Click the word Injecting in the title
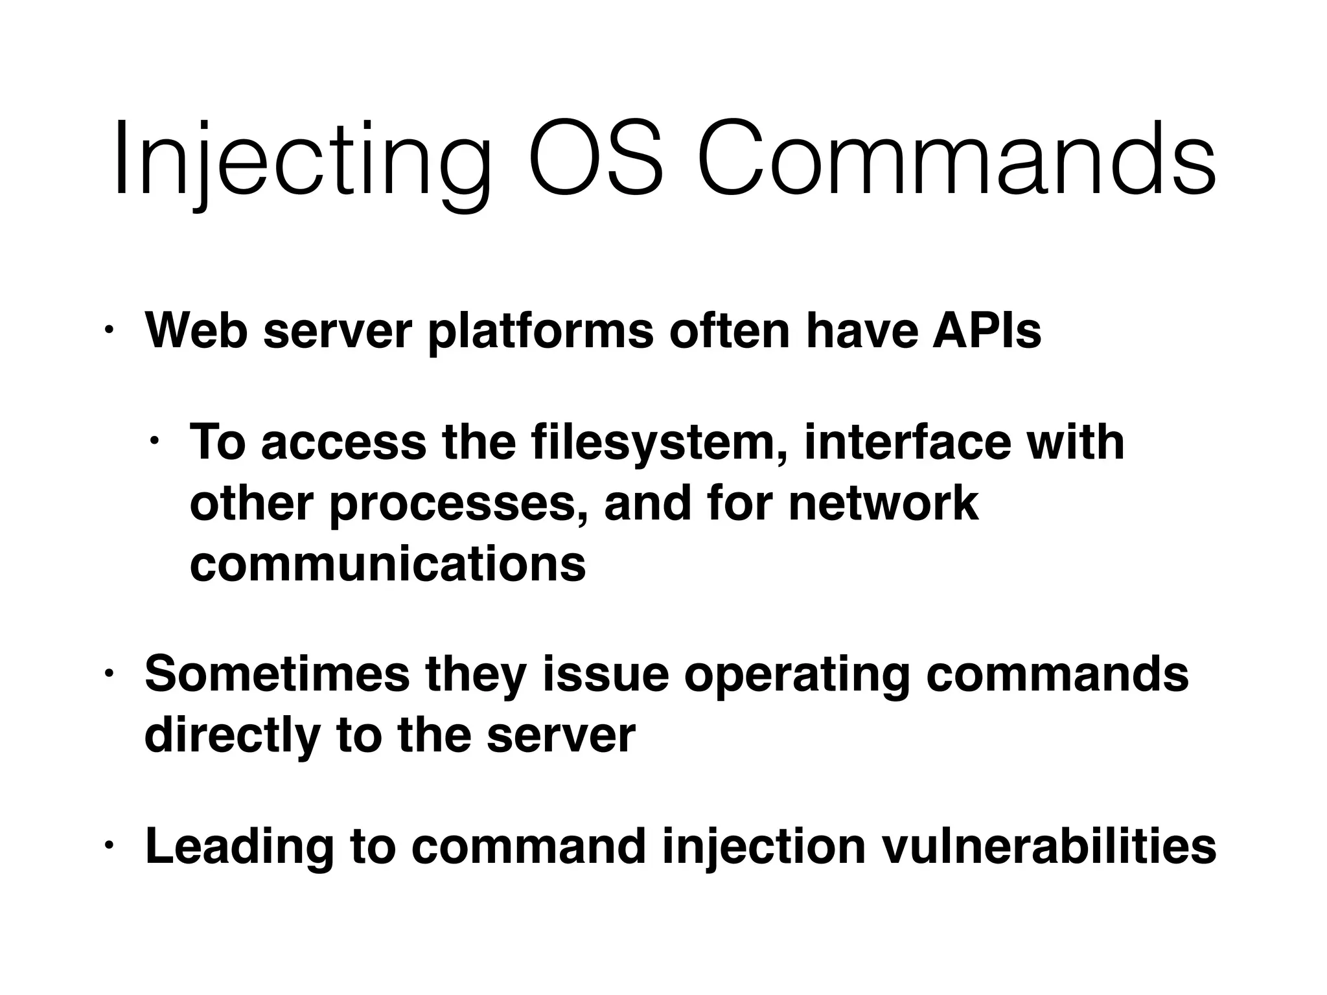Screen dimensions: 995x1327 tap(301, 160)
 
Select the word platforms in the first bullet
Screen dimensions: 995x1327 tap(540, 331)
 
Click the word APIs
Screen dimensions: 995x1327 tap(986, 331)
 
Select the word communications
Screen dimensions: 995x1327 tap(387, 564)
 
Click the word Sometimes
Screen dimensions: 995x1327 tap(277, 674)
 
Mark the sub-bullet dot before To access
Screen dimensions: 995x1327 tap(154, 442)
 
